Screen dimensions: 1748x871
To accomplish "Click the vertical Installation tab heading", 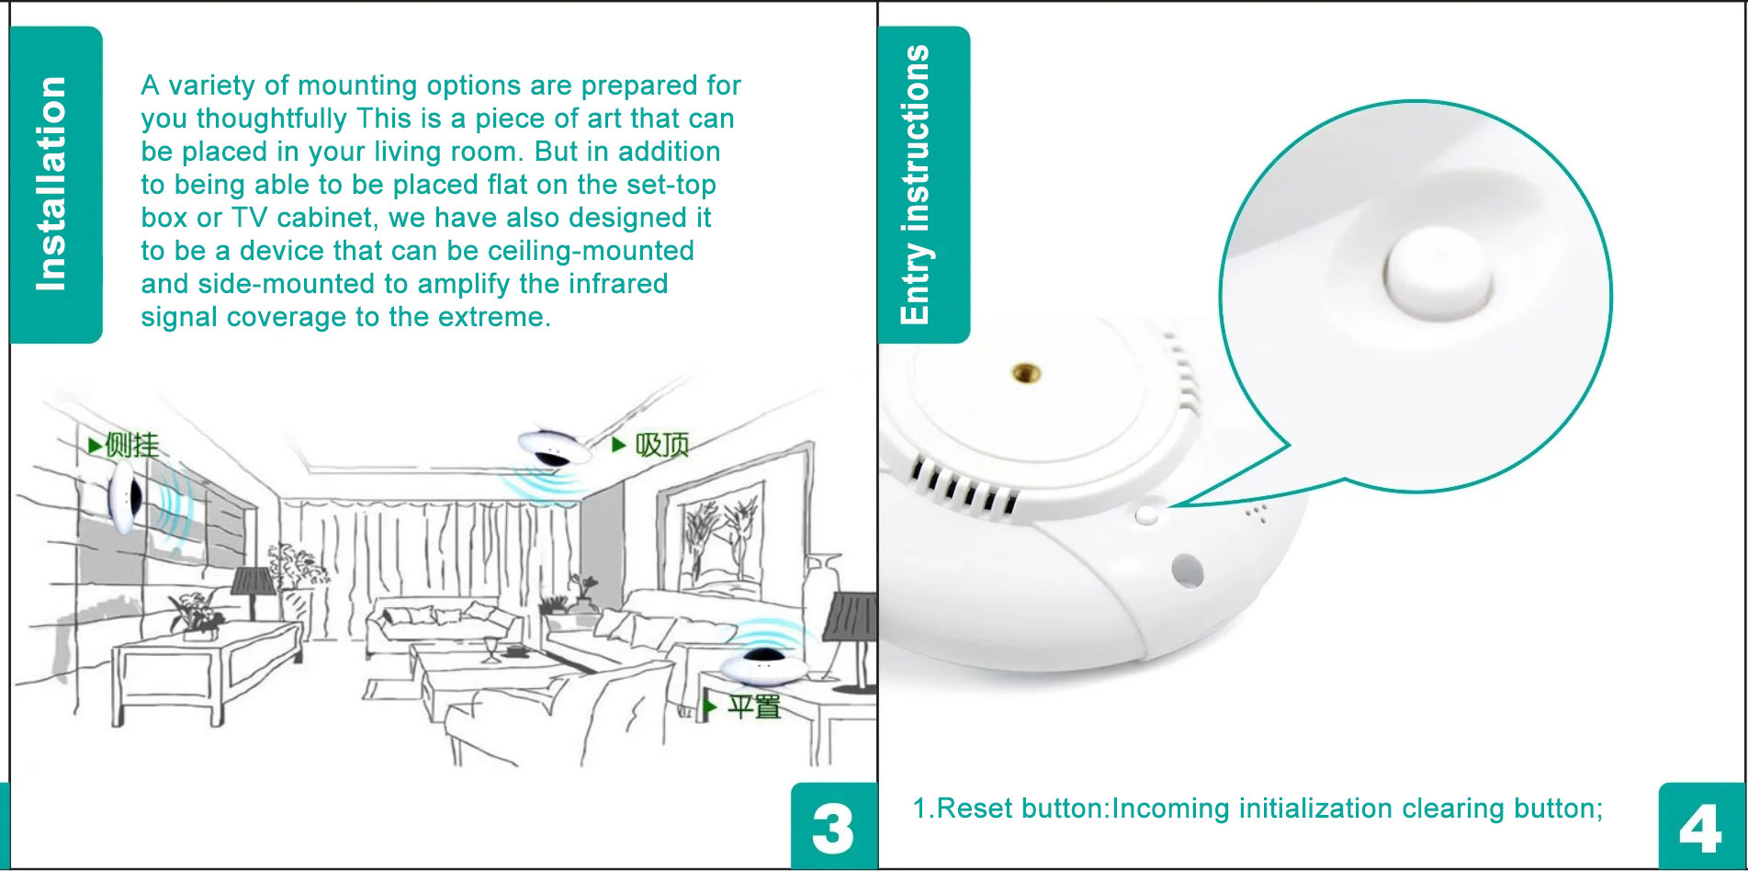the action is coord(51,184).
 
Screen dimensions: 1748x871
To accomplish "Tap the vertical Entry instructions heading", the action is coord(916,185).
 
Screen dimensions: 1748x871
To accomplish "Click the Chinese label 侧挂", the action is coord(131,446).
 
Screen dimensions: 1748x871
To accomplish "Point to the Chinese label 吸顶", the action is coord(661,446).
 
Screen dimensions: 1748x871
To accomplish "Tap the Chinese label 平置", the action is coord(754,707).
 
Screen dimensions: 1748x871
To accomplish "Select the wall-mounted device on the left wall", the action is coord(123,497).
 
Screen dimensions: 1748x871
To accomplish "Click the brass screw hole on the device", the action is coord(1026,372).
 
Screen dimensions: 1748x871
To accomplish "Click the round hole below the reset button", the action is coord(1187,571).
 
